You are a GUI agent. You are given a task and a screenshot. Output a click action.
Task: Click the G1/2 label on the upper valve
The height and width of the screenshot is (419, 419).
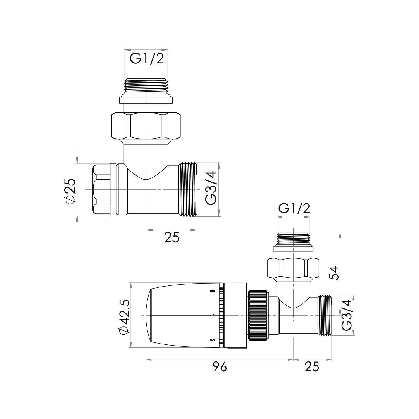[x=147, y=59]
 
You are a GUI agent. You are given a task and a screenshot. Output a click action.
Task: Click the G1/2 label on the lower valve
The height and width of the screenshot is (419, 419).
[x=294, y=209]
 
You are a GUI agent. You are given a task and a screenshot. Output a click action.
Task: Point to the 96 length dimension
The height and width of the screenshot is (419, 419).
[x=220, y=367]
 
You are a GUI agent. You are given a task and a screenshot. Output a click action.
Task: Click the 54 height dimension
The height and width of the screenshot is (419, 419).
[x=334, y=273]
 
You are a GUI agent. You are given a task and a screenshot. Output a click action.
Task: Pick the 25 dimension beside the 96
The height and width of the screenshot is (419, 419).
[x=312, y=367]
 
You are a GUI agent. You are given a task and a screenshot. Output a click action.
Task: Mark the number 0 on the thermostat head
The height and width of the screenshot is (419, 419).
[x=213, y=291]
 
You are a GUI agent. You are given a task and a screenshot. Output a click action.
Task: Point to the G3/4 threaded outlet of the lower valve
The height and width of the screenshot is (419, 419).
[x=325, y=315]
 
